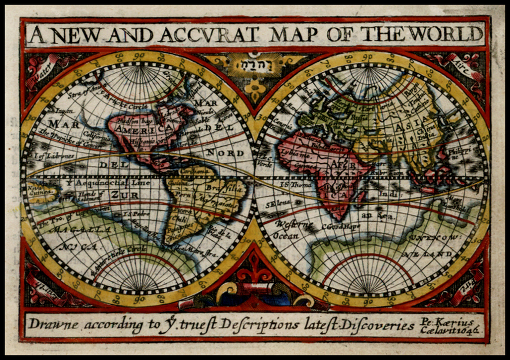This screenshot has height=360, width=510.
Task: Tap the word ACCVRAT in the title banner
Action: tap(209, 35)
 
